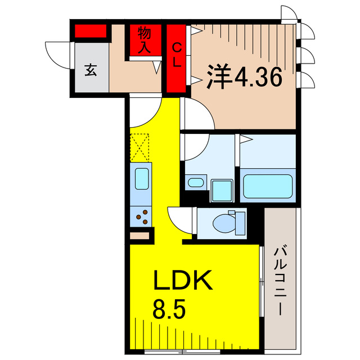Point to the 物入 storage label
[143, 39]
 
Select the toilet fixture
[227, 222]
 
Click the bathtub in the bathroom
[268, 184]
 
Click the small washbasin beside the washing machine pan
[195, 182]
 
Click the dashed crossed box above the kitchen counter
[140, 147]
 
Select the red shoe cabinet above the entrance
[90, 31]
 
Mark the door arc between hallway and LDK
[143, 112]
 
